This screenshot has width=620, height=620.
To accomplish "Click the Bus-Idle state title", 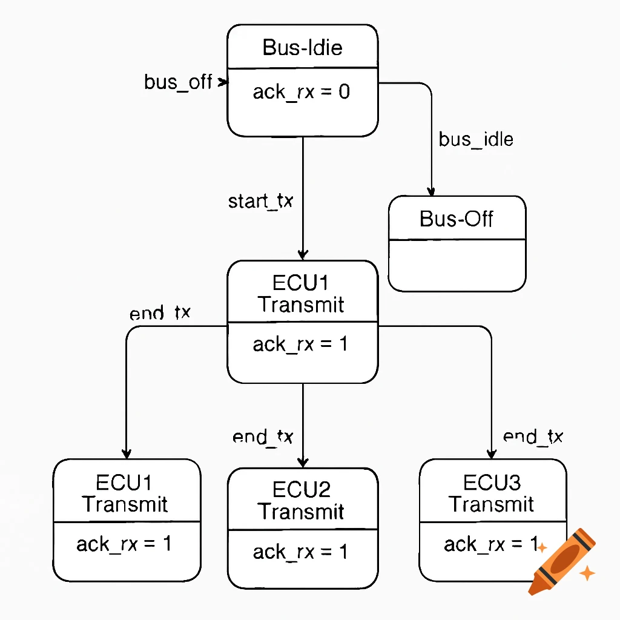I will coord(302,47).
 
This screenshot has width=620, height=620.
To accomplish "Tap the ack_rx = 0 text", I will coord(301,92).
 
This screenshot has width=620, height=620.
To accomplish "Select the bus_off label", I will coord(178,82).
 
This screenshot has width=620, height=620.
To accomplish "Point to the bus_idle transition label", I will coord(476,139).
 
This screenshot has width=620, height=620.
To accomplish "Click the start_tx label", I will coord(260,201).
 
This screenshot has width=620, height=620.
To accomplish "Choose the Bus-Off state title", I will coord(457,219).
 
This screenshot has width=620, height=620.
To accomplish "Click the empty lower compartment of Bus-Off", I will coord(457,265).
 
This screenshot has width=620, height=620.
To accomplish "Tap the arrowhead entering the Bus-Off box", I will coord(431,191).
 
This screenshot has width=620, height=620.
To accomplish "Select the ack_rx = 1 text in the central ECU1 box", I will coord(301,345).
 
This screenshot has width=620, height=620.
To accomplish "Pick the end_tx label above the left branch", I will coord(160,313).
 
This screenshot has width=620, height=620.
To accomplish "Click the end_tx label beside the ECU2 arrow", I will coord(263,437).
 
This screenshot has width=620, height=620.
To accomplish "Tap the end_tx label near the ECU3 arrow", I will coord(533,436).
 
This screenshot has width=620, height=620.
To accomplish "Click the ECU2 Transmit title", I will coord(302,500).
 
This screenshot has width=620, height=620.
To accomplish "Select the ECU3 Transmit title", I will coord(492,493).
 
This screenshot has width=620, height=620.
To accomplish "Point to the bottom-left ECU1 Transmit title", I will coord(125,493).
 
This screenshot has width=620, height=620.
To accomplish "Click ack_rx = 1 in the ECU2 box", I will coord(301,552).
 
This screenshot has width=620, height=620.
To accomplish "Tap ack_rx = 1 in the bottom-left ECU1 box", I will coord(124,544).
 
